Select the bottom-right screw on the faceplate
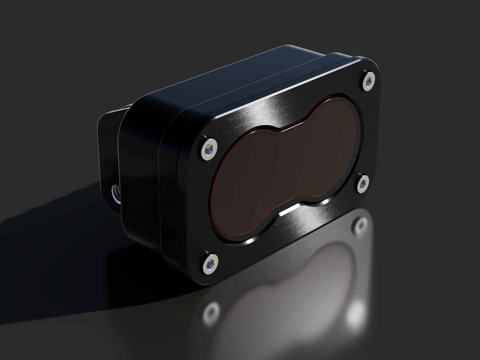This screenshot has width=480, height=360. coord(363,184)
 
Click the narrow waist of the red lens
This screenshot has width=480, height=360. coord(291,164)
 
